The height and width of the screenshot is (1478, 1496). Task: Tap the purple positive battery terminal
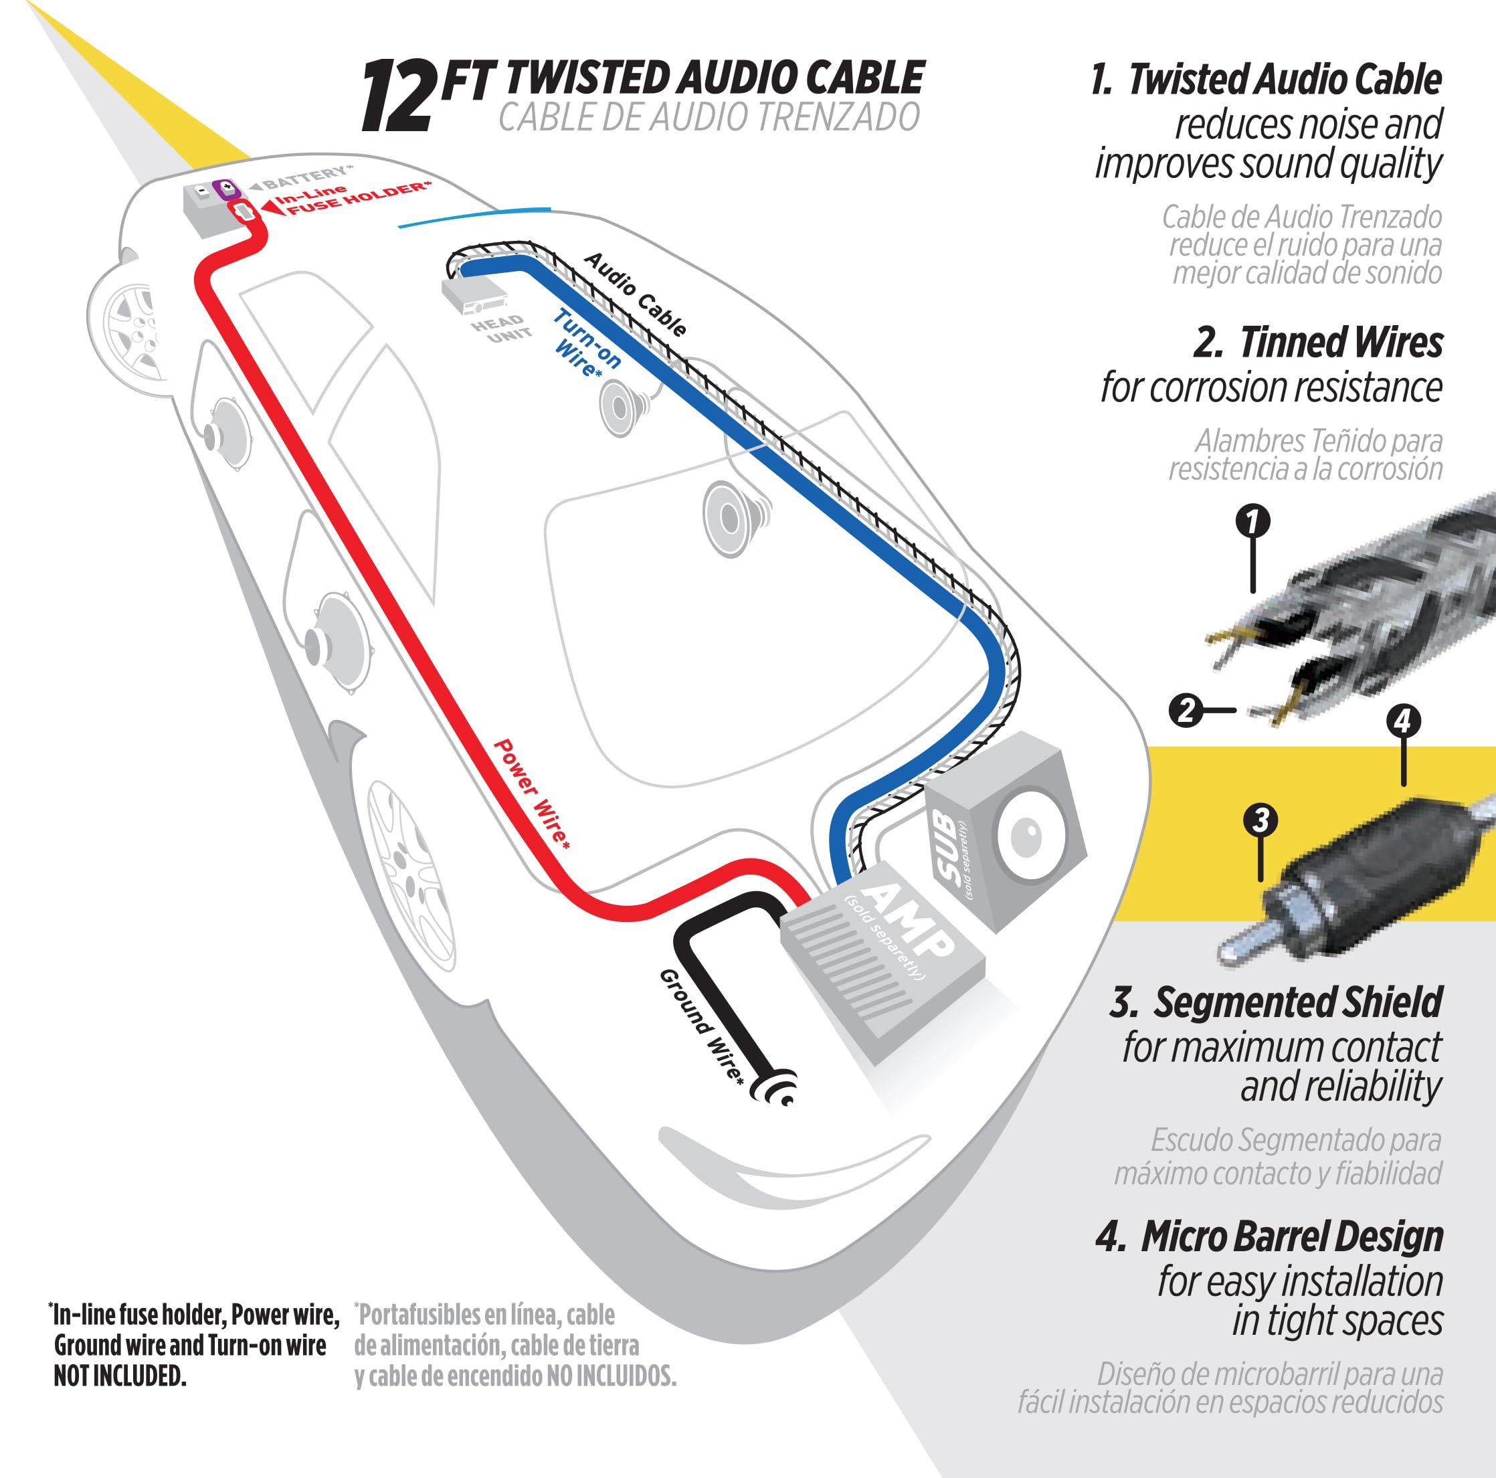(227, 188)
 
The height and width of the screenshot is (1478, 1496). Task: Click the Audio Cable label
(635, 294)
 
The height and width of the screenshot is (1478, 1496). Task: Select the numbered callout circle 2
(1186, 709)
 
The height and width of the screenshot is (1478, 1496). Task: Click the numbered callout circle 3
(1260, 820)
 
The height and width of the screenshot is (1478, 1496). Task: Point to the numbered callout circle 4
(1402, 721)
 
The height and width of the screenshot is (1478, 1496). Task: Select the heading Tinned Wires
(1340, 343)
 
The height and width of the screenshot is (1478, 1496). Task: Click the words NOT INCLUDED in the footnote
(120, 1376)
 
